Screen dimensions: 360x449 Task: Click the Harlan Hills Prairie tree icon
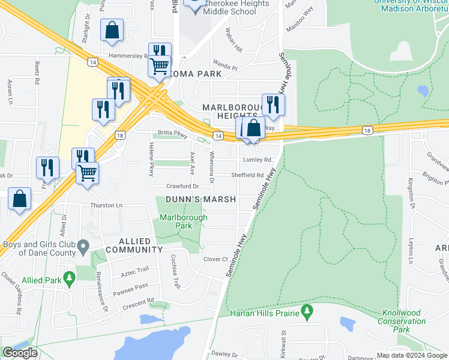pyautogui.click(x=307, y=311)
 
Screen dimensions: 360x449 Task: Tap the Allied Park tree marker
pyautogui.click(x=70, y=279)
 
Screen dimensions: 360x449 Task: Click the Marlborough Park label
pyautogui.click(x=183, y=221)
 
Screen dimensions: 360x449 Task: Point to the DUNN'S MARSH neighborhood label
pyautogui.click(x=196, y=199)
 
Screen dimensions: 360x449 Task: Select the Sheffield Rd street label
pyautogui.click(x=248, y=175)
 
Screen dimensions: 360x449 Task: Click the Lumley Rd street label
pyautogui.click(x=257, y=160)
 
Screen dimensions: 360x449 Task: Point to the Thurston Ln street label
pyautogui.click(x=106, y=205)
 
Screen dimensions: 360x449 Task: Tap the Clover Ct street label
pyautogui.click(x=216, y=259)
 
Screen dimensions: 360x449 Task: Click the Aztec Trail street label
pyautogui.click(x=134, y=269)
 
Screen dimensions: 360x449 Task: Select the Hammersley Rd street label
pyautogui.click(x=128, y=56)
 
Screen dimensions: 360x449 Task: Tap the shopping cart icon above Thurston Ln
pyautogui.click(x=88, y=173)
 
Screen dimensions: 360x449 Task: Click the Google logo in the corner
pyautogui.click(x=20, y=353)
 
